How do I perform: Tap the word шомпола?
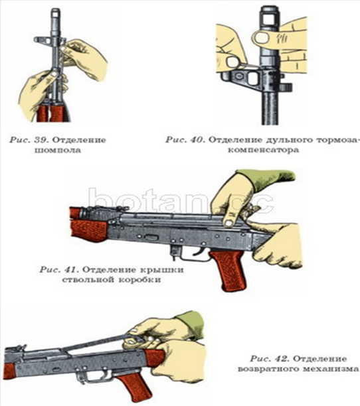pos(58,150)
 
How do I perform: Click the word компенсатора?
pos(263,150)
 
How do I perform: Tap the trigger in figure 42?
pos(107,373)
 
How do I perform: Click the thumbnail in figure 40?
pos(261,38)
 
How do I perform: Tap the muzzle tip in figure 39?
pos(56,11)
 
